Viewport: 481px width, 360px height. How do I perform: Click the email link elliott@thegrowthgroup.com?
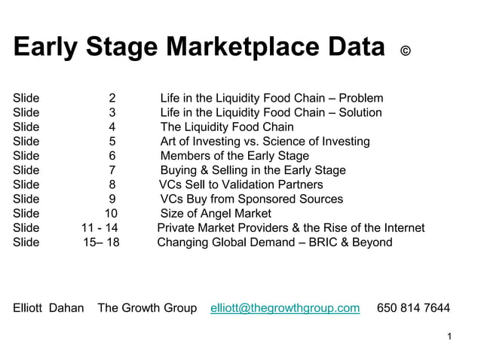[x=285, y=307]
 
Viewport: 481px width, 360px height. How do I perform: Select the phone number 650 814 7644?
[x=413, y=307]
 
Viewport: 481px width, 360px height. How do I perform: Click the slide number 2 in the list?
[x=112, y=98]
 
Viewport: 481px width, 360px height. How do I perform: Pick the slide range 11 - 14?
[x=100, y=227]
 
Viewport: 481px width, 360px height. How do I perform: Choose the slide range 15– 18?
[x=101, y=242]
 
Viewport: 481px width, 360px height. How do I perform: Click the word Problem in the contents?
[x=361, y=98]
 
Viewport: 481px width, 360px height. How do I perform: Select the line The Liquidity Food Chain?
[x=227, y=127]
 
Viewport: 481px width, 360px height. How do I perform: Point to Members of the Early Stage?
[x=230, y=155]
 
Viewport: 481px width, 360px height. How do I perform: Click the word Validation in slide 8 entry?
[x=249, y=185]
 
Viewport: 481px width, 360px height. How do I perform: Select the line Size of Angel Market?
[x=216, y=213]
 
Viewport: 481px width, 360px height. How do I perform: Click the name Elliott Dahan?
[x=48, y=307]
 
